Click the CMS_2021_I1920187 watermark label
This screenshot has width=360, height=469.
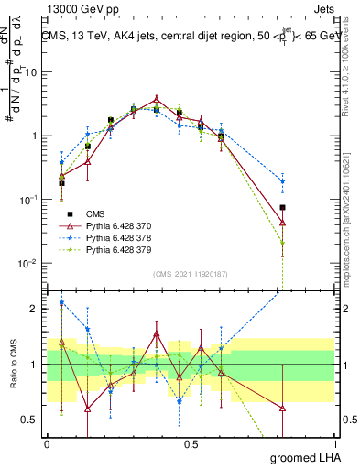[x=191, y=273]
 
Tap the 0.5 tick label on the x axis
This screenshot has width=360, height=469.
[x=191, y=444]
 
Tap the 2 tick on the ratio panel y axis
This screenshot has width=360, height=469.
[x=37, y=309]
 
